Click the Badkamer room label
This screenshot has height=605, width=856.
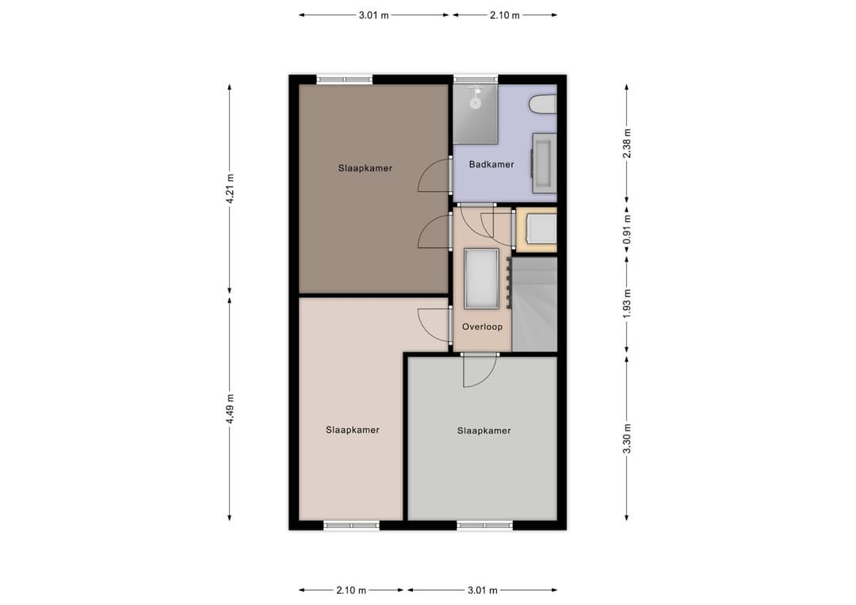coord(491,164)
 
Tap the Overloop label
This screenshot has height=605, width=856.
coord(482,327)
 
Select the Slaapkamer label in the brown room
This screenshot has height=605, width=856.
coord(365,168)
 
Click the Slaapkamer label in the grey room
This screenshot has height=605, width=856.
coord(484,431)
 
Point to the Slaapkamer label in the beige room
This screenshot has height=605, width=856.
coord(353,431)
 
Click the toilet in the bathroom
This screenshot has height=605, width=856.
coord(543,105)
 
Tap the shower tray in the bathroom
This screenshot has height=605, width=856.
coord(476,114)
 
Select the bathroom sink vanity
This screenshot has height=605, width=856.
coord(545,163)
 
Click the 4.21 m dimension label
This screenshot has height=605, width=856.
coord(230,189)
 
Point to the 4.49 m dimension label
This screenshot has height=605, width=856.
coord(230,408)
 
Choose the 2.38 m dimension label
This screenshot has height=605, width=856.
coord(627,144)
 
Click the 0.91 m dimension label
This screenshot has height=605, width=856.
coord(627,229)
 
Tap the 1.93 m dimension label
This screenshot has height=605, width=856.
coord(627,304)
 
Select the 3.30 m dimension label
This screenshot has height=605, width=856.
coord(627,438)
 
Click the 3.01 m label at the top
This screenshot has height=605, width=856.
coord(374,15)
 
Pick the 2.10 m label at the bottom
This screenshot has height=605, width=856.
coord(351,590)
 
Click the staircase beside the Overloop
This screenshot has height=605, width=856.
coord(534,304)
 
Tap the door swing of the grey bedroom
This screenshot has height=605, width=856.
coord(480,371)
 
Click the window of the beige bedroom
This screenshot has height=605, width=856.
coord(352,525)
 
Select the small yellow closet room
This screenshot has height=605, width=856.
coord(537,230)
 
